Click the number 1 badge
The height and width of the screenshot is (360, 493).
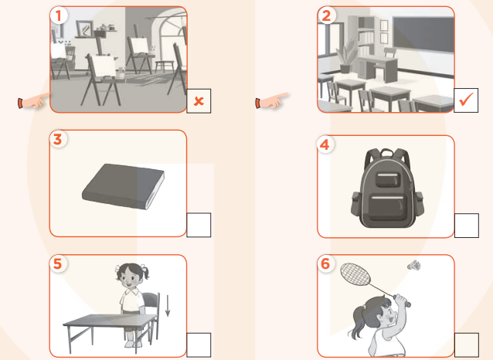click(x=58, y=15)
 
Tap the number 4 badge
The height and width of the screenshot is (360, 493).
click(x=325, y=144)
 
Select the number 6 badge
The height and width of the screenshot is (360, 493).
click(x=325, y=263)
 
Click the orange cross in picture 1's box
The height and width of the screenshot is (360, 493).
click(x=199, y=101)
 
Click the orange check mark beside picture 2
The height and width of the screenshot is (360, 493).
click(x=466, y=100)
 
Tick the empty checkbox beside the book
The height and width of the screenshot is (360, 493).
click(x=199, y=225)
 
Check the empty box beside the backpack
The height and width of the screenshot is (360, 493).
click(x=467, y=226)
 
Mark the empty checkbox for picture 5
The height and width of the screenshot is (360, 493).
click(x=199, y=345)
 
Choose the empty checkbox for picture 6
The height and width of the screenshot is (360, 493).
click(x=467, y=345)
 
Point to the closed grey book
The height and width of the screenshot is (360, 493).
click(x=124, y=186)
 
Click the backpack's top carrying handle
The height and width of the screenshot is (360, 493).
click(x=387, y=152)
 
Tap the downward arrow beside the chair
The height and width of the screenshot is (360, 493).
click(x=168, y=306)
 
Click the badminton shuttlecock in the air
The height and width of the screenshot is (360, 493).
click(x=414, y=266)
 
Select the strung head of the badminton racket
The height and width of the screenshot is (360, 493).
click(x=355, y=274)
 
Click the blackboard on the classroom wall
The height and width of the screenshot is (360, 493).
click(x=423, y=34)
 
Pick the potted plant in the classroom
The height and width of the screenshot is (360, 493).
click(x=347, y=56)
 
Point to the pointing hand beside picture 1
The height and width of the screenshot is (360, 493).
click(x=34, y=100)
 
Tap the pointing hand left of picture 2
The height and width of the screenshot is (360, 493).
click(x=271, y=100)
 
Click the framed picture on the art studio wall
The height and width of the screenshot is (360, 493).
click(x=84, y=29)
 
